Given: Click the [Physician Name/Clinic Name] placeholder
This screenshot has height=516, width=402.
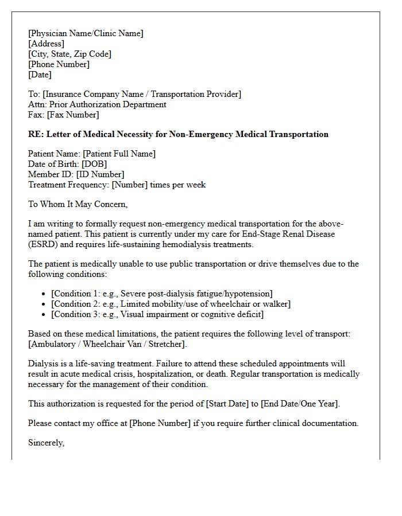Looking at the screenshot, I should [86, 33].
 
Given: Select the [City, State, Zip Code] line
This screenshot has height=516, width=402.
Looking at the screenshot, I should [69, 54].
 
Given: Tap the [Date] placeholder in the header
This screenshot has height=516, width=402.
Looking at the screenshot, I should [40, 75].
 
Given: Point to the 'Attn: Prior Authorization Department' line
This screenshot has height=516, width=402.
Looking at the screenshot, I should [97, 104].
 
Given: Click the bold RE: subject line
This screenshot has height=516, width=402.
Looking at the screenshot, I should [178, 134].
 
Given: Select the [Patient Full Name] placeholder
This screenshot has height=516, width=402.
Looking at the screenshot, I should [119, 154].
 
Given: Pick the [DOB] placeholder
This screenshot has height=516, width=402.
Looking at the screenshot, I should [95, 164].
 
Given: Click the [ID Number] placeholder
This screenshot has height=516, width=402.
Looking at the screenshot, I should [100, 174].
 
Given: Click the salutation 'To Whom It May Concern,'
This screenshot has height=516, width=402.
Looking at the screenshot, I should [78, 204].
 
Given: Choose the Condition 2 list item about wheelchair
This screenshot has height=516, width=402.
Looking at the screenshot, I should [171, 304].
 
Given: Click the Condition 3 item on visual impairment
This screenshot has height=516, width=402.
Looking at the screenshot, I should [157, 314].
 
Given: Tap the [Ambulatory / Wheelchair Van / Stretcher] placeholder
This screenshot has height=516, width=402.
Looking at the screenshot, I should [107, 344].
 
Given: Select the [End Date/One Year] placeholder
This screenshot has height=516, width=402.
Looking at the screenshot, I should [300, 404].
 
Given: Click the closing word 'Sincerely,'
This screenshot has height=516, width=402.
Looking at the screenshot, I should [46, 443].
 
